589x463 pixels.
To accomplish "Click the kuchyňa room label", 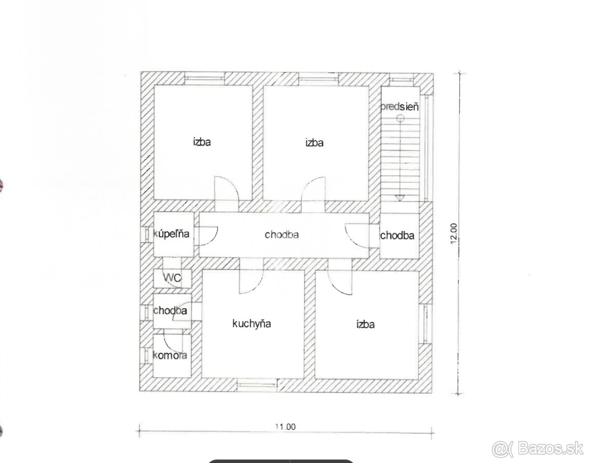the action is (251, 324).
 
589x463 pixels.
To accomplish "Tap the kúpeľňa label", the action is (171, 234).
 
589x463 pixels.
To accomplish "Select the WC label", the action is (172, 278).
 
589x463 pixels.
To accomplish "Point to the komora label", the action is (170, 355).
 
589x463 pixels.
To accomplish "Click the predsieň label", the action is (400, 106).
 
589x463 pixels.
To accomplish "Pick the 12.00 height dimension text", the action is (454, 233).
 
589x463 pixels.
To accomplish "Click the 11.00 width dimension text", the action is (286, 427).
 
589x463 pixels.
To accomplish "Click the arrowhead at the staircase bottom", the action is (400, 198).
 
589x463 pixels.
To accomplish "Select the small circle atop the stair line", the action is (400, 118).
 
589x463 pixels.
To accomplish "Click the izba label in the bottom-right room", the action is (365, 324).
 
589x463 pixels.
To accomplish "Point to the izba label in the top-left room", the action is (202, 142).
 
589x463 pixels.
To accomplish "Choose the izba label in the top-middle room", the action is (315, 143).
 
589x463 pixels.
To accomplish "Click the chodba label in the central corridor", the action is (282, 234).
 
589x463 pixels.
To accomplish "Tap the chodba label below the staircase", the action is (397, 235).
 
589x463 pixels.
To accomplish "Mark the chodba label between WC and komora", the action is (170, 310).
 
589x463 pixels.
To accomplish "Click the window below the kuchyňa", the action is (257, 385).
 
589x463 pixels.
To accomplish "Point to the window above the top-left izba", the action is (205, 78).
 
